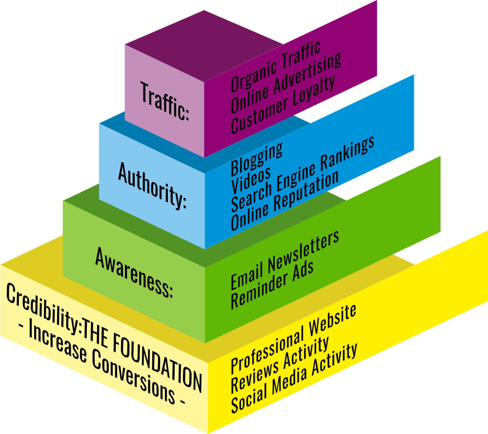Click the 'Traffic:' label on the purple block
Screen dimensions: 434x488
click(164, 101)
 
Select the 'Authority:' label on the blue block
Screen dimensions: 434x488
click(152, 186)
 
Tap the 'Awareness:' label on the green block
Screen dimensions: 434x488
click(134, 273)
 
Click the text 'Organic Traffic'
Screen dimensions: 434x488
click(276, 66)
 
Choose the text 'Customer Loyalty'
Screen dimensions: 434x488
click(283, 104)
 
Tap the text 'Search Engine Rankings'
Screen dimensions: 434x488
click(303, 173)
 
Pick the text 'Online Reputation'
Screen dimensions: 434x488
click(285, 200)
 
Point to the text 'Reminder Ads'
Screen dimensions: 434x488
click(272, 284)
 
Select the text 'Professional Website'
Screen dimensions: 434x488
click(293, 338)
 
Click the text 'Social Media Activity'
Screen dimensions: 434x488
click(294, 378)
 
